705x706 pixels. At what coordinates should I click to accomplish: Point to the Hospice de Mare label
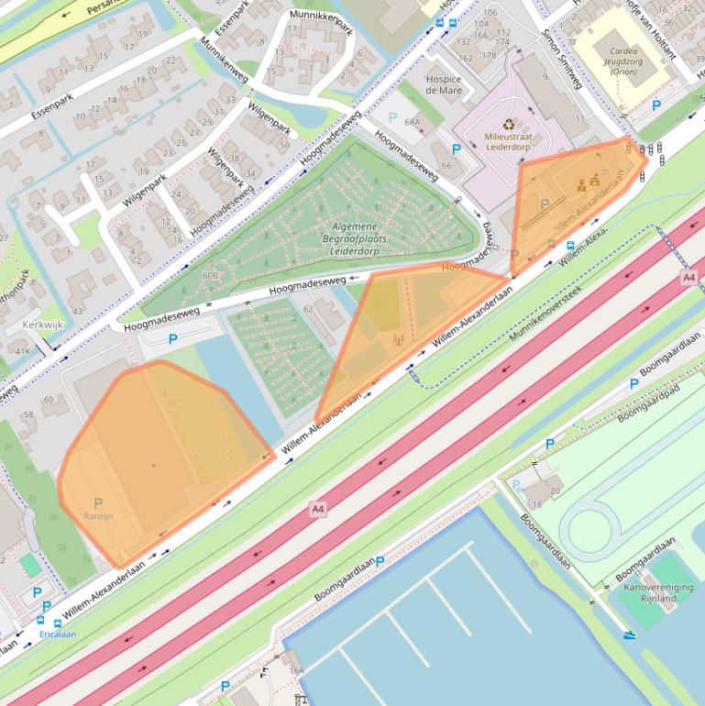pos(444,84)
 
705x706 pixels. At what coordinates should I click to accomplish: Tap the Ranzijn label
pos(98,516)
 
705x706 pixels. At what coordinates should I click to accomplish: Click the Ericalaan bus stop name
pos(57,634)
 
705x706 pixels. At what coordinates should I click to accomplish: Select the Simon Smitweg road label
pos(561,63)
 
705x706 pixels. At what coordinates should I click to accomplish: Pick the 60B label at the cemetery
pos(209,275)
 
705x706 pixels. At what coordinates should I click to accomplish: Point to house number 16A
pos(296,671)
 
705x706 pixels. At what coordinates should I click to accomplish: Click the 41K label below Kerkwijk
pos(23,350)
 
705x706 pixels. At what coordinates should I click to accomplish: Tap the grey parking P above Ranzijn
pos(98,502)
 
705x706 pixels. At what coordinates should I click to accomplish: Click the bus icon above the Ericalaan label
pos(58,623)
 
